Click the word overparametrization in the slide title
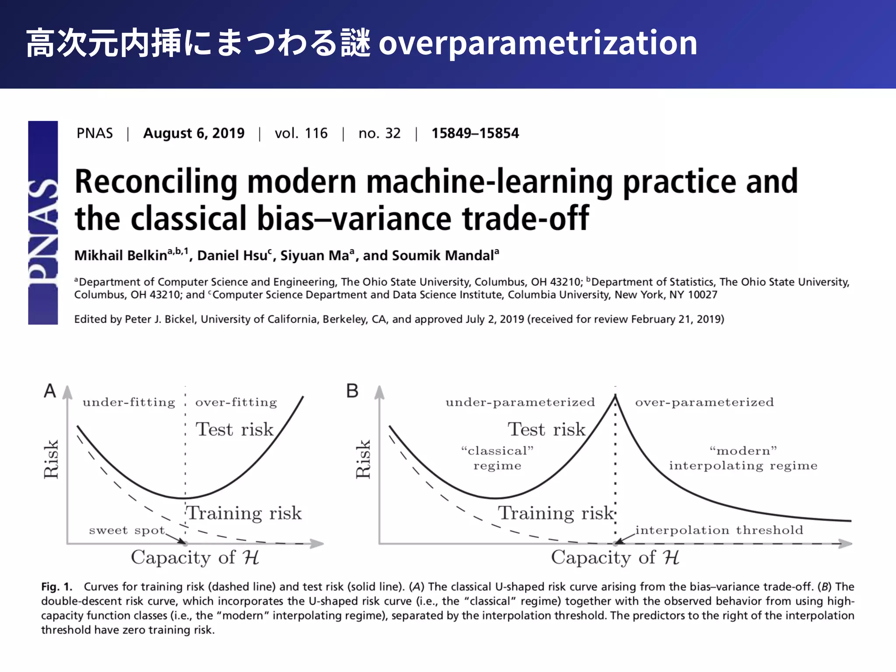[538, 44]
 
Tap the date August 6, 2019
[194, 133]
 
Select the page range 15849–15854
[475, 133]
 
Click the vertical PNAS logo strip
[43, 223]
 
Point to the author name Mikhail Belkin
[121, 255]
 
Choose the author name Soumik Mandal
[443, 255]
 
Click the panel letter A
[50, 391]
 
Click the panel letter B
[352, 391]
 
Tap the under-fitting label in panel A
[129, 402]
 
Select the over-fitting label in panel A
[236, 402]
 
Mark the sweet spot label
[127, 530]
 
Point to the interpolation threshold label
[719, 530]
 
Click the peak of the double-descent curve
[615, 395]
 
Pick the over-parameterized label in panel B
[704, 402]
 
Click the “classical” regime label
[497, 458]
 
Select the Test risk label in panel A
[234, 429]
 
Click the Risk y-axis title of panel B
[363, 459]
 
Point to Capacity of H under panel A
[195, 558]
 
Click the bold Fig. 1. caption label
[57, 587]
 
